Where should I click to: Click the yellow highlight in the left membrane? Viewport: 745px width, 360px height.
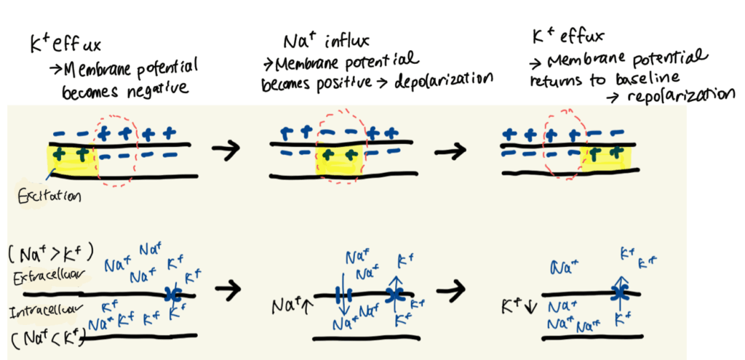[71, 160]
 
